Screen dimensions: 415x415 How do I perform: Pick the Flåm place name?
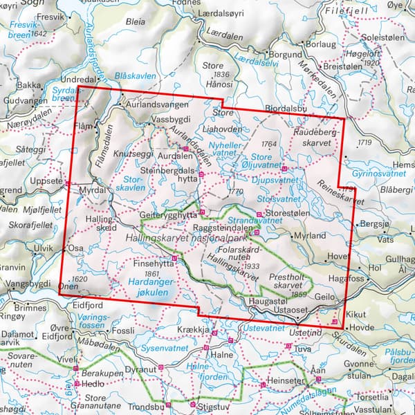click(84, 126)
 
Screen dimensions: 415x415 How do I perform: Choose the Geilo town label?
click(325, 293)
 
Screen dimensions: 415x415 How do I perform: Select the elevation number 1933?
click(252, 266)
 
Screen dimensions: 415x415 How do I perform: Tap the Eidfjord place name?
click(78, 302)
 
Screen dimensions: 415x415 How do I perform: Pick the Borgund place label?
click(286, 53)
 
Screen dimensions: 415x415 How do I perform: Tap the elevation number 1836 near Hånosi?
click(221, 74)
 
